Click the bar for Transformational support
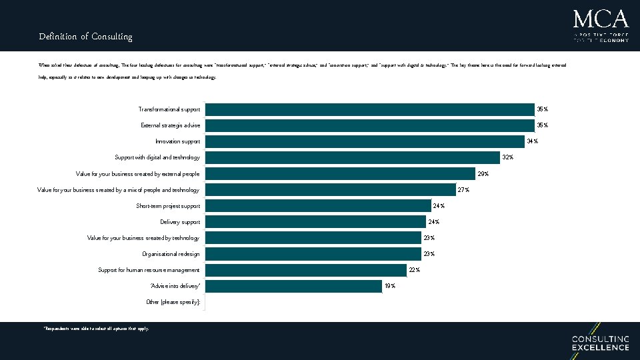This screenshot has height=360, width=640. point(370,109)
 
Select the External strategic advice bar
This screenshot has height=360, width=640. point(370,125)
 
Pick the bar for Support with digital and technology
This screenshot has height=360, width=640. point(353,157)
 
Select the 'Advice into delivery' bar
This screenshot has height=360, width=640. point(293,286)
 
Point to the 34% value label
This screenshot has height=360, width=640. point(532,141)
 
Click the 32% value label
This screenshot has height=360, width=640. point(507,157)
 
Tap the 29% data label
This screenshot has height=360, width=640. point(483,174)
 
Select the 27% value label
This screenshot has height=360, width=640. point(463,190)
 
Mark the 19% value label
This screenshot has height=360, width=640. point(390,286)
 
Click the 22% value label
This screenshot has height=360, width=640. point(414,270)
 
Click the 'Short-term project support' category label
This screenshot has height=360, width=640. point(168,206)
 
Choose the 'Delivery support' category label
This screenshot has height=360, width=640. point(180,222)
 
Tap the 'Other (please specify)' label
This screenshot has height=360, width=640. point(173,302)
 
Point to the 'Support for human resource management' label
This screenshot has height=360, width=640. point(149,270)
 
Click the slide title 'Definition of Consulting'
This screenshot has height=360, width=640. point(85,37)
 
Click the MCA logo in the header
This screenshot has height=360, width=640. point(600,25)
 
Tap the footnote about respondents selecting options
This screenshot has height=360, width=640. point(96,329)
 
